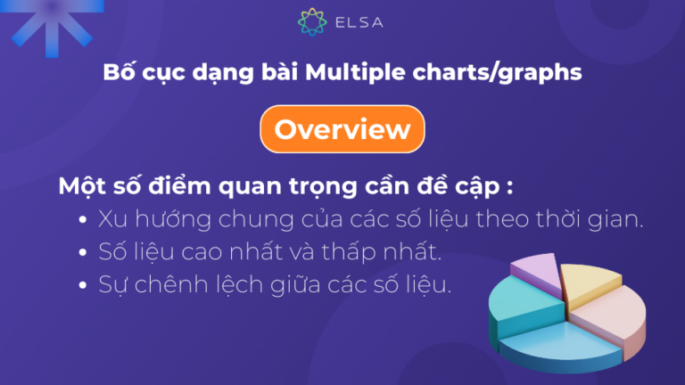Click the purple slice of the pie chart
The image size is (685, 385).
point(536,268)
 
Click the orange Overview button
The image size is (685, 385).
point(342,129)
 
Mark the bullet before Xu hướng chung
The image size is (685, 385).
point(83,220)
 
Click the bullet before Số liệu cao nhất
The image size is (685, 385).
point(83,253)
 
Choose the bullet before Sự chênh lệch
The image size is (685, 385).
point(83,286)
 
